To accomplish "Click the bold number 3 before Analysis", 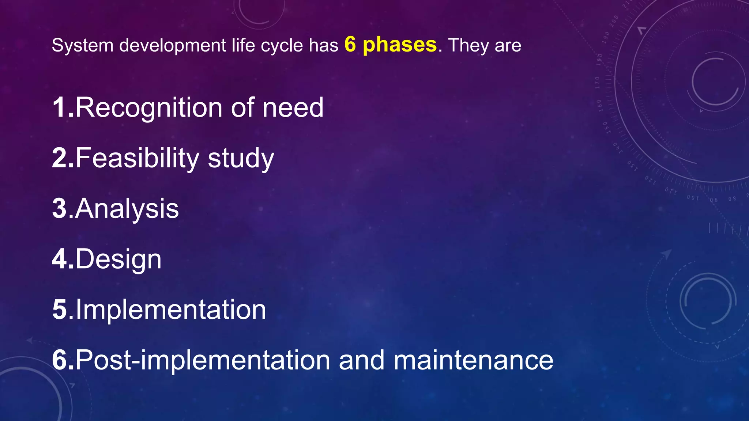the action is coord(60,208).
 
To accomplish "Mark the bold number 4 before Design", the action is coord(60,259).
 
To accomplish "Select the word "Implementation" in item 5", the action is coord(171,310).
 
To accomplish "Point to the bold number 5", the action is coord(60,310).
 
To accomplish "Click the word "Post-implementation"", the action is coord(203,360).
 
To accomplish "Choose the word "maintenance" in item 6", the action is coord(474,360).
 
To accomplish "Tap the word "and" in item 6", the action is coord(362,360).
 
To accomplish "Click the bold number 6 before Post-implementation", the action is coord(60,360).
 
